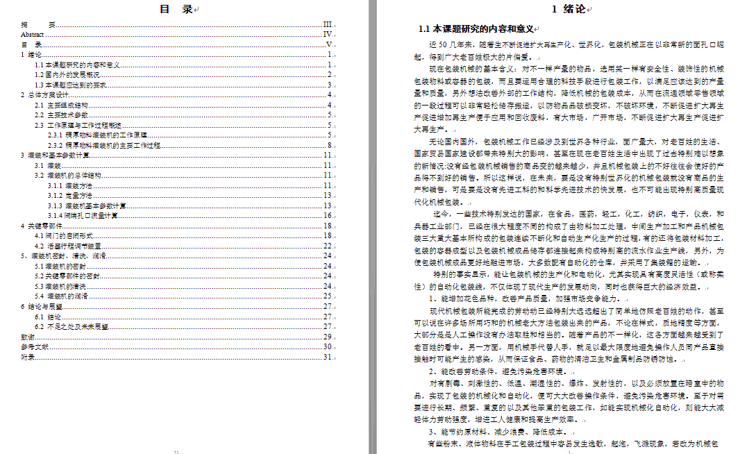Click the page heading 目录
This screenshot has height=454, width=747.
[176, 9]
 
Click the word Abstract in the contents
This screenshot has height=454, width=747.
[33, 33]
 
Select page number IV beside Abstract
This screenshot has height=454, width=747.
[328, 33]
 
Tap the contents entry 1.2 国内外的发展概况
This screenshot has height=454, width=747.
[68, 74]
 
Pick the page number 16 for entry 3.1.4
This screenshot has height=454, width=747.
[328, 216]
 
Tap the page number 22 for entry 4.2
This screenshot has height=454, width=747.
[328, 246]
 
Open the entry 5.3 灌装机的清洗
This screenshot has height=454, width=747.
[61, 286]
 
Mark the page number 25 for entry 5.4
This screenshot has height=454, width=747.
[328, 296]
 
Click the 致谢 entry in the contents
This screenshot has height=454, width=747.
[27, 336]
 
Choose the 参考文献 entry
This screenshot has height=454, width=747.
[35, 346]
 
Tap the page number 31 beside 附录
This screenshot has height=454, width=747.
[328, 357]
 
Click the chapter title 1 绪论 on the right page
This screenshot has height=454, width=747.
[568, 9]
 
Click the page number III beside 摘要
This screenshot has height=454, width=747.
[328, 24]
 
